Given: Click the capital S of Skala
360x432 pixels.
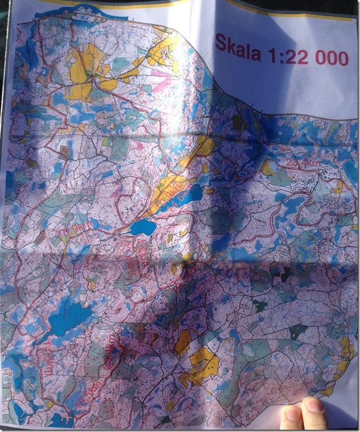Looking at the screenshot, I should (220, 44).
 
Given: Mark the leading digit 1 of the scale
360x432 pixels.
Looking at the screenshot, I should (272, 52).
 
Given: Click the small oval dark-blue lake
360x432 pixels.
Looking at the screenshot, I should (143, 227).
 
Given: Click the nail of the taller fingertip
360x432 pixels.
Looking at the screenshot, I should (313, 406).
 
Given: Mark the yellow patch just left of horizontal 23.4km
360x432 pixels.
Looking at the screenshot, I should (267, 167).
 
